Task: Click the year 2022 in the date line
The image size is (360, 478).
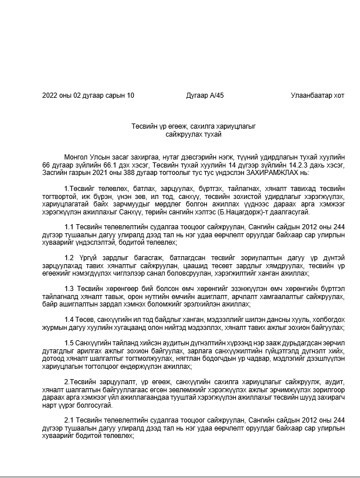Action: coord(50,95)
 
